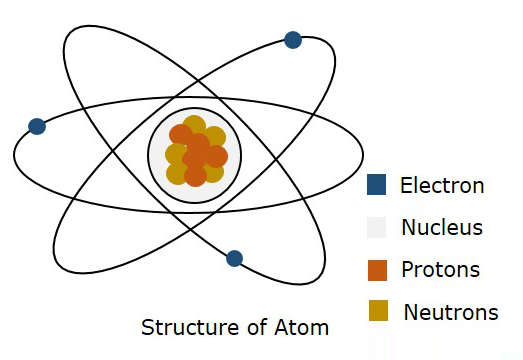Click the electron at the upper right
click(293, 40)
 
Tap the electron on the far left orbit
click(37, 126)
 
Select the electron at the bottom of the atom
click(234, 258)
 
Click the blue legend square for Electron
click(377, 185)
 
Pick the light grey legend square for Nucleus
click(377, 227)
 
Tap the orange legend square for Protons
click(377, 270)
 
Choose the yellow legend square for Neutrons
click(377, 312)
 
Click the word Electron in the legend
click(442, 185)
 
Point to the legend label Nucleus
click(442, 227)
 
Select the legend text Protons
click(440, 270)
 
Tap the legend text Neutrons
click(451, 312)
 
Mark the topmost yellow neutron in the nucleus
click(194, 126)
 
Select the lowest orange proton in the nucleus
click(195, 176)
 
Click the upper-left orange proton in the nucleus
click(181, 135)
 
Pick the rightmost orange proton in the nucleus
click(216, 156)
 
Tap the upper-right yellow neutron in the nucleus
click(214, 137)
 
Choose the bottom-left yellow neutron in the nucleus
click(177, 173)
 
